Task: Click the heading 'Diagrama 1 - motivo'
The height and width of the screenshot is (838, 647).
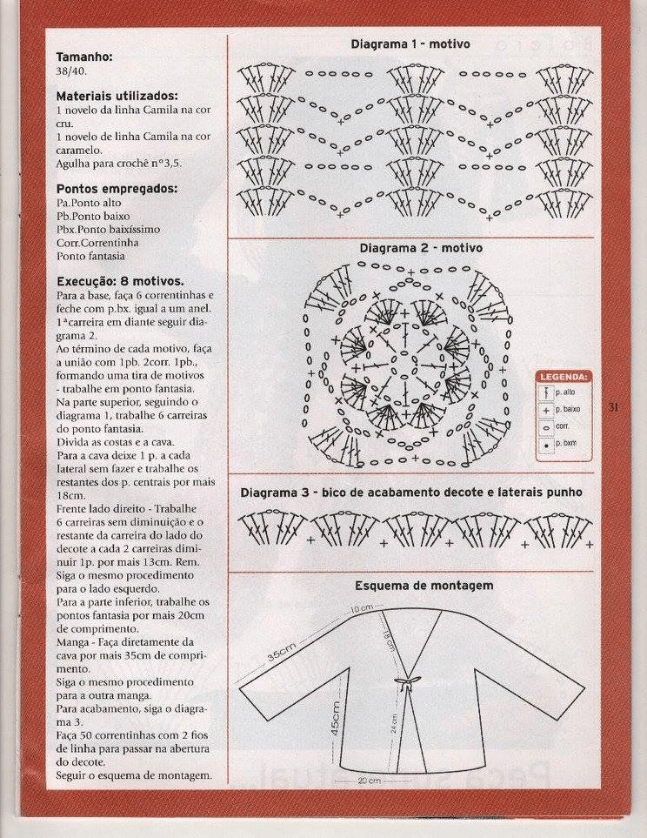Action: click(410, 44)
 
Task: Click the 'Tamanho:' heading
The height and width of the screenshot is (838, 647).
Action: click(84, 57)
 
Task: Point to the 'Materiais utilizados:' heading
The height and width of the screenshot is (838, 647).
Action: click(117, 96)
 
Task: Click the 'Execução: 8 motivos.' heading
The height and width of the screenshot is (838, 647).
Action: click(120, 282)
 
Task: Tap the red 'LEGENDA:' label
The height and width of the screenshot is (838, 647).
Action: click(564, 377)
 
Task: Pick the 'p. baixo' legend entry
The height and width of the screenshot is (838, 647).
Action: click(567, 409)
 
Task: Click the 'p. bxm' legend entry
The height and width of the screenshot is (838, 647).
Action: click(565, 444)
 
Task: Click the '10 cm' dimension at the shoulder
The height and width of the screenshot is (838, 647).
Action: click(362, 607)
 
